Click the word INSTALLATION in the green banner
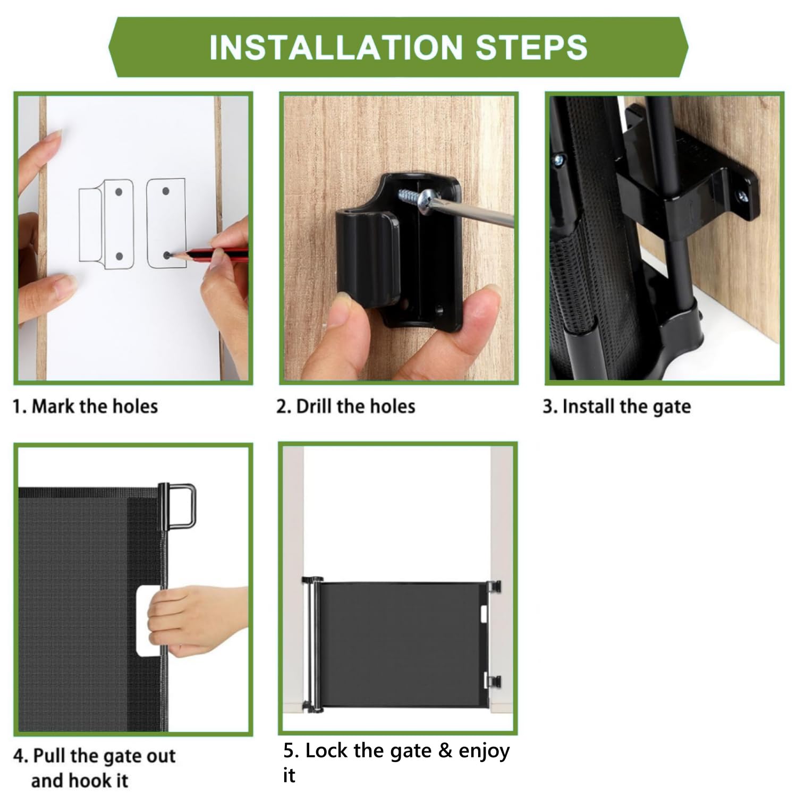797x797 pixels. [336, 47]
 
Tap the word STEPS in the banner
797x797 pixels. [532, 47]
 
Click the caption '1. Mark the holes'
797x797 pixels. [86, 406]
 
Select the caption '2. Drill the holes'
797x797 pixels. [345, 406]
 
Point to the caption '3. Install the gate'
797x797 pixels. [616, 407]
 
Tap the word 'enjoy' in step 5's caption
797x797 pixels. [484, 751]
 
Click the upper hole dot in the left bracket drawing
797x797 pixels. [119, 192]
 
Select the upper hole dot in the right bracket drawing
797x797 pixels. [166, 191]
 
